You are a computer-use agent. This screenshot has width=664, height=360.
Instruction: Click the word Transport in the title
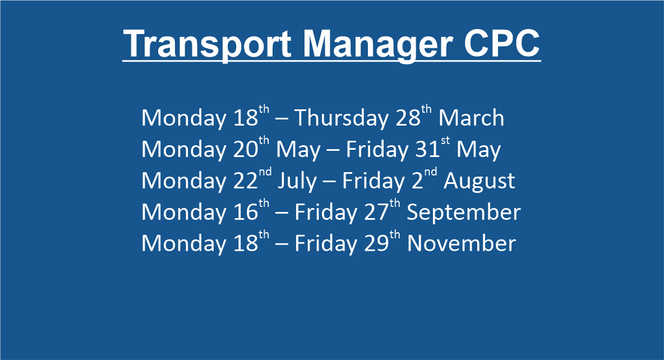point(208,44)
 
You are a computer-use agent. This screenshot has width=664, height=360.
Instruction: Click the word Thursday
point(341,117)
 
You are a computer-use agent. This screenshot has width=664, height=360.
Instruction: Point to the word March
point(471,117)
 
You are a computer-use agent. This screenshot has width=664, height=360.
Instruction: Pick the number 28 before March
point(408,118)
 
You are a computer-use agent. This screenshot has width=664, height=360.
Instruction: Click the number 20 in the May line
point(246,149)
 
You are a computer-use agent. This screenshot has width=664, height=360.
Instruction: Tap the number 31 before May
point(428,149)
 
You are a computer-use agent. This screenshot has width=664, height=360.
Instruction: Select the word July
point(297,181)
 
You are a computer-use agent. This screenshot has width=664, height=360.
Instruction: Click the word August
point(479,181)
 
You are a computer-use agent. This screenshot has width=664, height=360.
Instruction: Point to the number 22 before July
point(246,181)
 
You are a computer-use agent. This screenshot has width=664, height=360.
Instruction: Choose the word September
point(464,213)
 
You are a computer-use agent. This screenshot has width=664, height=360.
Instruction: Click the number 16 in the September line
point(246,212)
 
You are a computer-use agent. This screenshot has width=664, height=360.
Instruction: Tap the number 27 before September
point(376,212)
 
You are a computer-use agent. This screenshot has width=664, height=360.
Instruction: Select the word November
point(461,243)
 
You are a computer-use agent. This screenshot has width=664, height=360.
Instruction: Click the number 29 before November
point(376,243)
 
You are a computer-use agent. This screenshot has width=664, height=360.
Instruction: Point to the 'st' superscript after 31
point(445,141)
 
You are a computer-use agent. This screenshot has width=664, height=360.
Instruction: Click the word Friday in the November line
point(326,244)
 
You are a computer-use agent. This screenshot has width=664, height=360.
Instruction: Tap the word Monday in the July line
point(184,181)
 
